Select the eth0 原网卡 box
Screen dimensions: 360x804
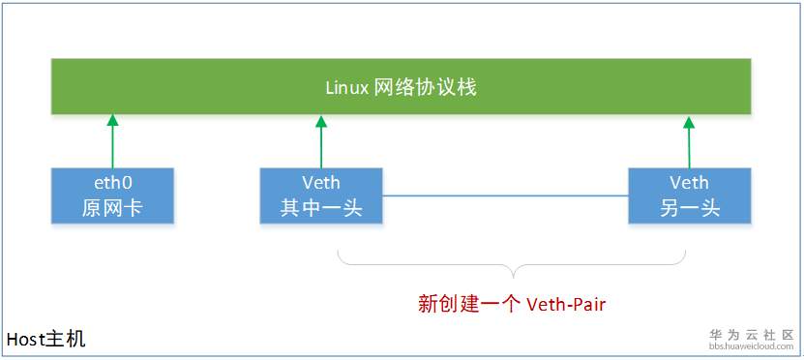pos(112,195)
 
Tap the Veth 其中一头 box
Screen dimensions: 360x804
pos(321,195)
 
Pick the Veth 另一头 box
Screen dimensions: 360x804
pos(689,195)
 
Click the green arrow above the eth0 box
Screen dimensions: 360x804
pos(112,140)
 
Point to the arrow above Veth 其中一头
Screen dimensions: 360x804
pos(320,140)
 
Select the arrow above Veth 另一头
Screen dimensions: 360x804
pos(689,140)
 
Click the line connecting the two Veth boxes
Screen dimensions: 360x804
pos(505,196)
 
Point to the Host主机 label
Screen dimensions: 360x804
pos(45,340)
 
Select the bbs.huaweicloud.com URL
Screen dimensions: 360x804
pos(751,345)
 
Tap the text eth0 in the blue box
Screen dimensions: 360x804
pos(112,183)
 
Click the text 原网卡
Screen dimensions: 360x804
pos(112,208)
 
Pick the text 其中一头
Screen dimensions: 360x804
pos(321,208)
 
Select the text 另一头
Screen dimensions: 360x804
pos(689,208)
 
